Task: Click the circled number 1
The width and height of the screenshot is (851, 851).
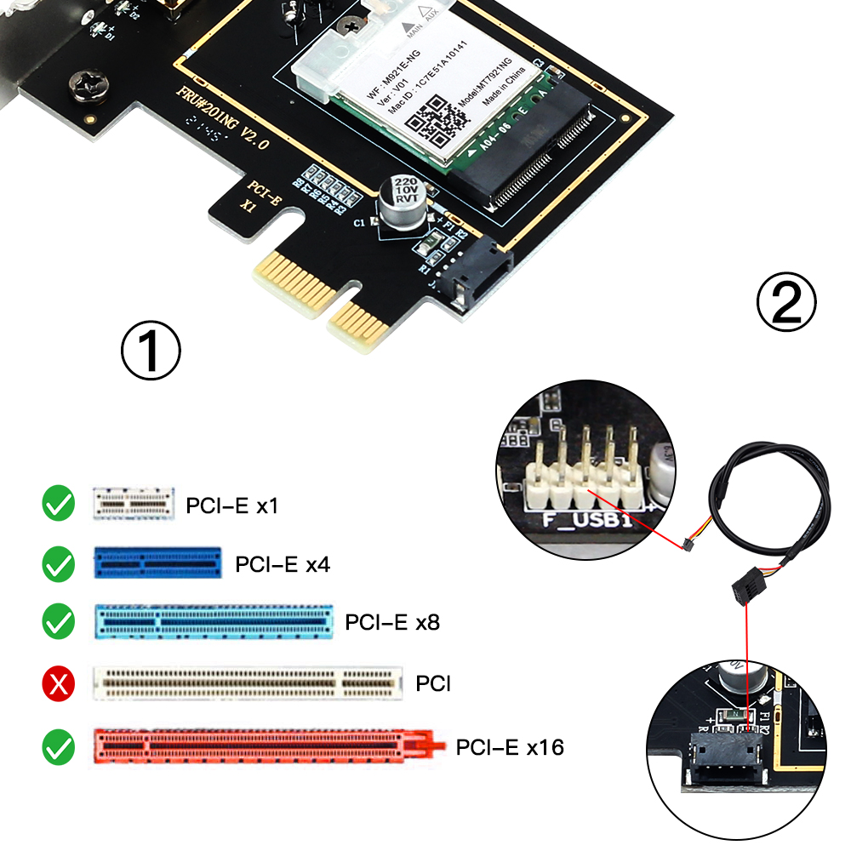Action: click(151, 350)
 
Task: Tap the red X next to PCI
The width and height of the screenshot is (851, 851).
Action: click(59, 682)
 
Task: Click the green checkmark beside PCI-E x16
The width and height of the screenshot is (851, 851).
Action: click(59, 746)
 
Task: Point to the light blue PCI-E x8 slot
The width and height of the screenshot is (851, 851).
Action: click(213, 622)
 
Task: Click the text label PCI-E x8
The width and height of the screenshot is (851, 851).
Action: click(392, 622)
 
